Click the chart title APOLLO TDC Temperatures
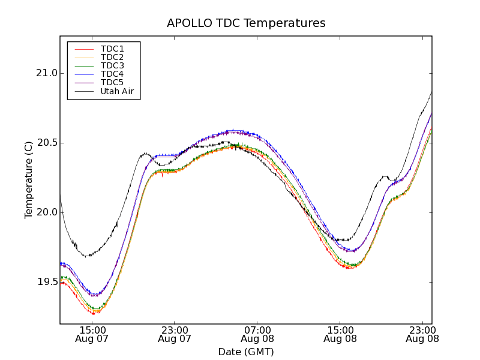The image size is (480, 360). click(x=246, y=23)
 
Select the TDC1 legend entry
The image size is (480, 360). click(x=112, y=49)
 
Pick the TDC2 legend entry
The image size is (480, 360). click(x=112, y=57)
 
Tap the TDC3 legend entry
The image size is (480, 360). click(x=112, y=65)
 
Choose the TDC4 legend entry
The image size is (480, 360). click(x=112, y=74)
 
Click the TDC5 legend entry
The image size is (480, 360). click(x=112, y=83)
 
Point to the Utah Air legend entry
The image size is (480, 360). click(x=117, y=91)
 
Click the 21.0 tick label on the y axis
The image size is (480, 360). click(x=46, y=73)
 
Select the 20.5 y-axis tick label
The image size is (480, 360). click(x=46, y=143)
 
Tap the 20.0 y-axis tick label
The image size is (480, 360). click(x=46, y=212)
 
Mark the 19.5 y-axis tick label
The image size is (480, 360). click(x=46, y=282)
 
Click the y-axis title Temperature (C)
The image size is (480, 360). click(x=29, y=180)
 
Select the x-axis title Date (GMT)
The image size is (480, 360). click(x=246, y=352)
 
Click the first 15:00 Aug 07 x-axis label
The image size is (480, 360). click(x=92, y=334)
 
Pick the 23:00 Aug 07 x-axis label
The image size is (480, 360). click(x=175, y=334)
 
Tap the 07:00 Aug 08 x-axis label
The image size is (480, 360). click(x=257, y=334)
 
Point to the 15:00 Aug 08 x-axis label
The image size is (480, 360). click(x=340, y=334)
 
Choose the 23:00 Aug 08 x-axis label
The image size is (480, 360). click(x=422, y=334)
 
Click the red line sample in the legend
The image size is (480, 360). click(x=83, y=49)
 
